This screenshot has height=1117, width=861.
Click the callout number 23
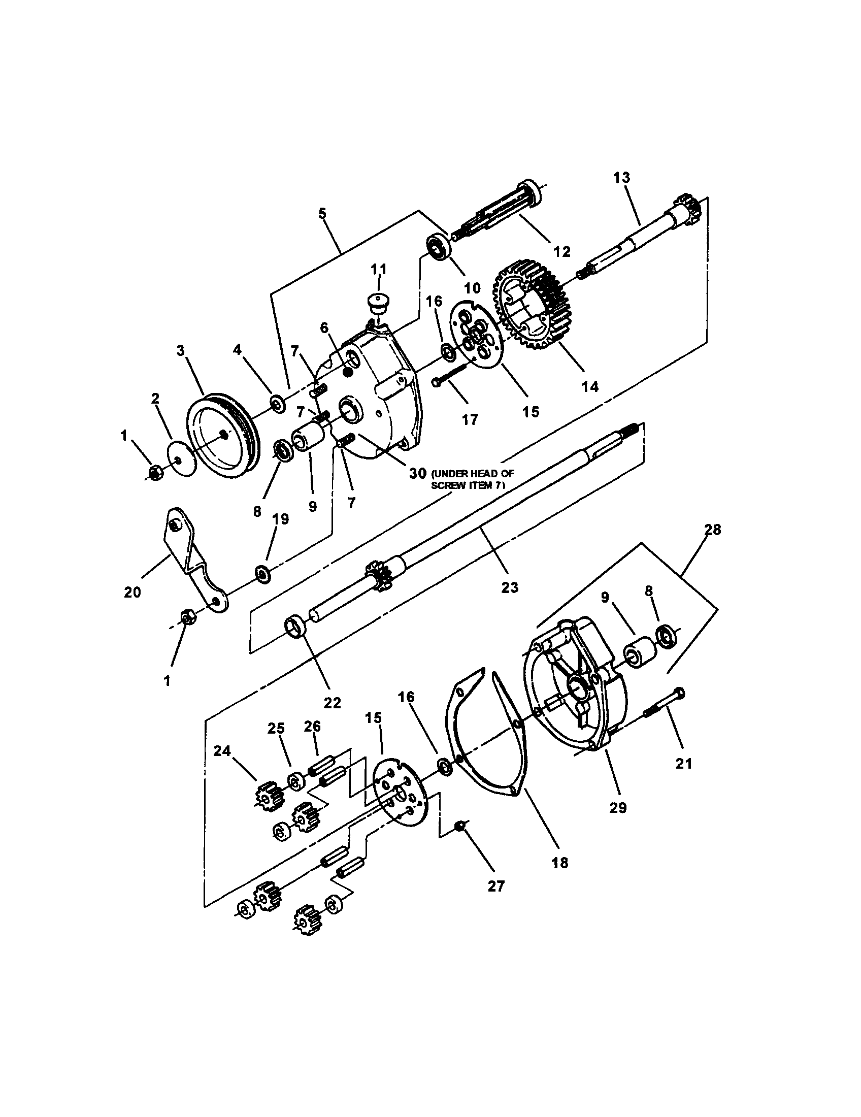[509, 586]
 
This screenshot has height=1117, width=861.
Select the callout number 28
[712, 530]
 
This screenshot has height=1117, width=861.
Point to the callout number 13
[622, 178]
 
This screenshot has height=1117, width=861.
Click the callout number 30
[417, 474]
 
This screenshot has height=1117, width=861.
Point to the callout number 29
[618, 807]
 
